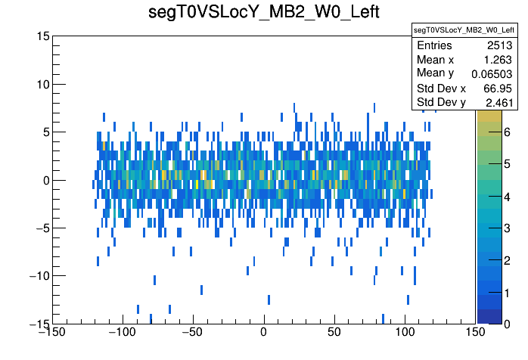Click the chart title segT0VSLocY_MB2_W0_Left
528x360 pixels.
(x=263, y=13)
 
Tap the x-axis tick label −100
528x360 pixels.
(x=122, y=333)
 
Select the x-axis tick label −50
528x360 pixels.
(x=192, y=333)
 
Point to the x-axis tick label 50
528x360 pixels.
(x=334, y=333)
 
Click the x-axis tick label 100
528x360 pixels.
(x=405, y=333)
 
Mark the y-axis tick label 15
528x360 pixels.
(x=42, y=36)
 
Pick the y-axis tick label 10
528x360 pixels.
(x=42, y=84)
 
